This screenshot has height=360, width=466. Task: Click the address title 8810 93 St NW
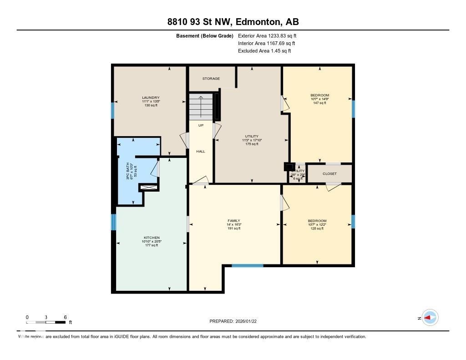233,22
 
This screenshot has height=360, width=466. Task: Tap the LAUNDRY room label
151,97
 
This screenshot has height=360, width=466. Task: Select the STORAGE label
211,79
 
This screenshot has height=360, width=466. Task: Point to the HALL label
201,152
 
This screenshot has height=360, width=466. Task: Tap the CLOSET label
329,174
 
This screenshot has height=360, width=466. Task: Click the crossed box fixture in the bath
149,187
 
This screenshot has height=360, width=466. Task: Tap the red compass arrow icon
430,318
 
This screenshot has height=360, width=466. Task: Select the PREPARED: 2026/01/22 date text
236,321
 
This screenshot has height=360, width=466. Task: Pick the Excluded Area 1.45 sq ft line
264,51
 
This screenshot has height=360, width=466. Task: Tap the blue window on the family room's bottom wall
247,265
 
